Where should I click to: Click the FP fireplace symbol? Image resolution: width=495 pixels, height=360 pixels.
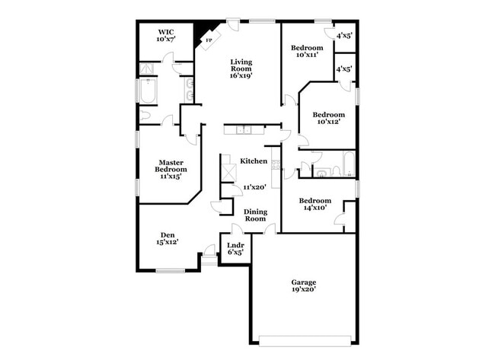[x=209, y=40]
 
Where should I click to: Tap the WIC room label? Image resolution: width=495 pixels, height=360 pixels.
[x=166, y=32]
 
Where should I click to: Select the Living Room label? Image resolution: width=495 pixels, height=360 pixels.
[x=241, y=65]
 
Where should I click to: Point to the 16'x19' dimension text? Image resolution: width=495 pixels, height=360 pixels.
[x=241, y=75]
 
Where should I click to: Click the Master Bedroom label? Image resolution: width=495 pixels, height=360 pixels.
[x=171, y=166]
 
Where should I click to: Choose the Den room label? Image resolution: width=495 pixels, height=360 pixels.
[x=168, y=235]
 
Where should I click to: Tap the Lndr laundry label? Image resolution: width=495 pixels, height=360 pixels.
[x=235, y=245]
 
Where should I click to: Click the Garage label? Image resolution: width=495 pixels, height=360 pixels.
[x=304, y=282]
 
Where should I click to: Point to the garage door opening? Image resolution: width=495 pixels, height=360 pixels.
[x=305, y=341]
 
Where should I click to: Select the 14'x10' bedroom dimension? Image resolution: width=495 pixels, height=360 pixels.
[x=315, y=208]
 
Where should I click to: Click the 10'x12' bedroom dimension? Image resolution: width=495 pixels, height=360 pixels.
[x=329, y=122]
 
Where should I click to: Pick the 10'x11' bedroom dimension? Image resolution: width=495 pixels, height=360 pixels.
[x=307, y=55]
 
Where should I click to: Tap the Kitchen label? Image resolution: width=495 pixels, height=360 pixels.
[x=254, y=161]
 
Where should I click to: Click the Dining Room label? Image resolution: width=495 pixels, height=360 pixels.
[x=256, y=215]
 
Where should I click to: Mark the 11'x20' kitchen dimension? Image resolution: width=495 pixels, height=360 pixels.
[x=255, y=187]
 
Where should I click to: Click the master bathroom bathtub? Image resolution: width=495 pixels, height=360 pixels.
[x=148, y=91]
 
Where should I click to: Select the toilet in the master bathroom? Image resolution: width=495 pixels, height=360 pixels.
[x=145, y=115]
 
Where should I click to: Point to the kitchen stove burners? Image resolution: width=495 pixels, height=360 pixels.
[x=276, y=165]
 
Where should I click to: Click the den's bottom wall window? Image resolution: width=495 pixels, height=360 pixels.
[x=171, y=270]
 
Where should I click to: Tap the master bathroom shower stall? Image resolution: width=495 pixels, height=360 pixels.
[x=146, y=68]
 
